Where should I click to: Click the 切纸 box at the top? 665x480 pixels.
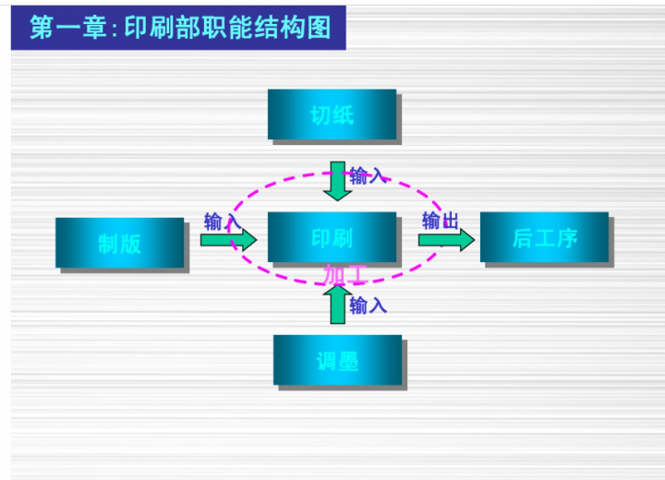coord(332,114)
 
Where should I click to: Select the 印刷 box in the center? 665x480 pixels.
coord(332,237)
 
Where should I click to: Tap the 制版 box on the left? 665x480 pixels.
coord(120,243)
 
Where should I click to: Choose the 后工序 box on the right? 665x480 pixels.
coord(544,237)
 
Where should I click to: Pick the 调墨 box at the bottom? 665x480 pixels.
coord(337,360)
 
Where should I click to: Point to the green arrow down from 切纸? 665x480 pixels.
coord(338,181)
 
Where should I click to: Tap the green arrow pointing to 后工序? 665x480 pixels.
coord(446,240)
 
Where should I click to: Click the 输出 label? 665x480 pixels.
coord(441,221)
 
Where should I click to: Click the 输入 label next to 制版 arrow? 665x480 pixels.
coord(222,222)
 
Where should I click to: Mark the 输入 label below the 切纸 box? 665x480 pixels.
coord(368,174)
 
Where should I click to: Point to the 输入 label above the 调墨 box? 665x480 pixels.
coord(368,305)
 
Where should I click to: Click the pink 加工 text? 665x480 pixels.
coord(345,274)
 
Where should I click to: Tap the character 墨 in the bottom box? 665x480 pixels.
coord(348,361)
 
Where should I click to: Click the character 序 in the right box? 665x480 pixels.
coord(566,238)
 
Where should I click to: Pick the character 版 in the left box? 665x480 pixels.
coord(131,244)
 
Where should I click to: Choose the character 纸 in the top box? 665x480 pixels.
coord(343,115)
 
